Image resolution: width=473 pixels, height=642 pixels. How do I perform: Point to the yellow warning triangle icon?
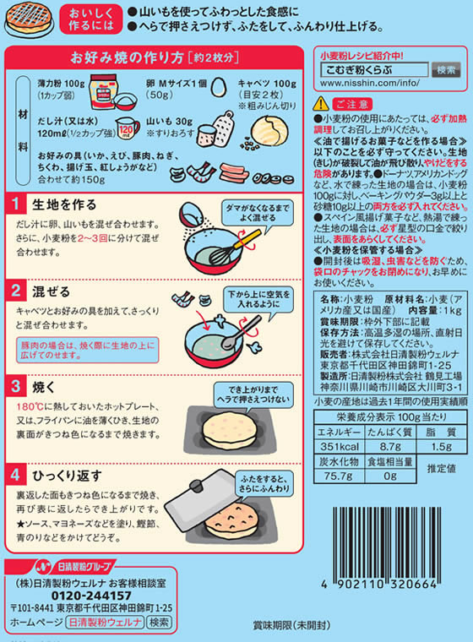click(320, 104)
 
